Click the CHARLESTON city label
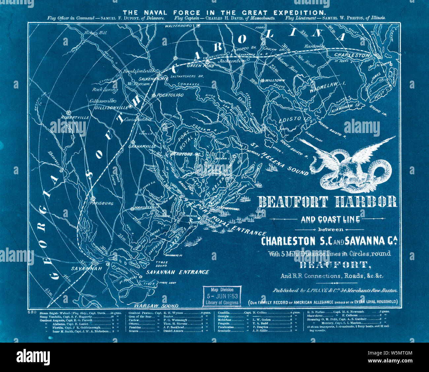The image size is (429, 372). [x=352, y=55]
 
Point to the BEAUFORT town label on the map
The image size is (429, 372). [x=181, y=154]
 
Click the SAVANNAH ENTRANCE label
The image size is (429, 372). [x=178, y=272]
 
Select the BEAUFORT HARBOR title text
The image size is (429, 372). [x=328, y=202]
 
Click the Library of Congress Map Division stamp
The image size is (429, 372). [x=221, y=296]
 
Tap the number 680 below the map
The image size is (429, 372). [x=32, y=312]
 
